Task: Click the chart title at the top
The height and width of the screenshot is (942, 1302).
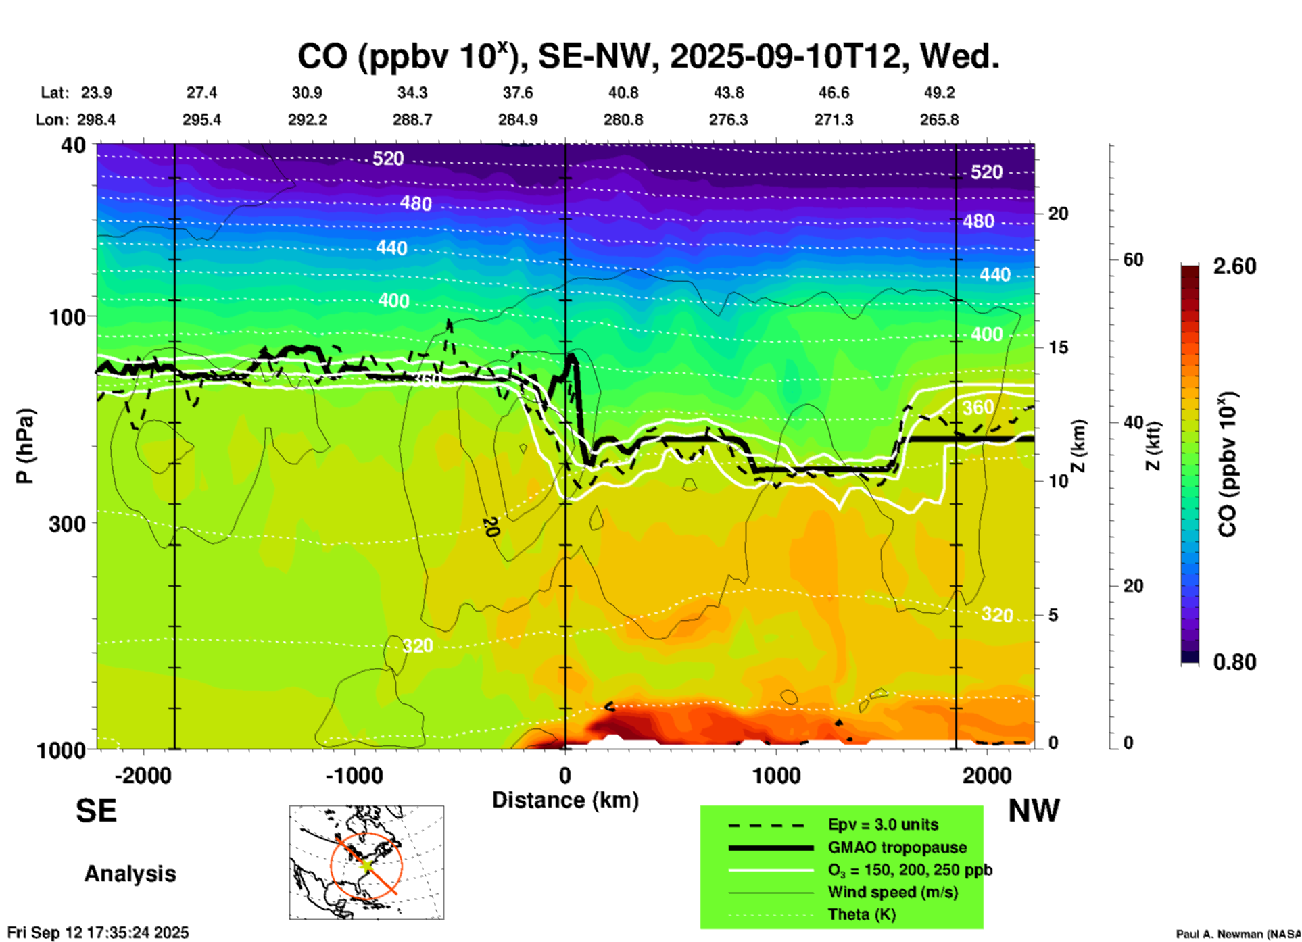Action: coord(648,57)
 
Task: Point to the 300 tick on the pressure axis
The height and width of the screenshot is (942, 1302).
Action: coord(68,524)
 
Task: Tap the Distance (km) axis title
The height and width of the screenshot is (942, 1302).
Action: coord(565,800)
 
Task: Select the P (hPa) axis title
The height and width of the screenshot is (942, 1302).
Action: coord(25,446)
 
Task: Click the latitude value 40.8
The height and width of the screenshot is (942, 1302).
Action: coord(623,93)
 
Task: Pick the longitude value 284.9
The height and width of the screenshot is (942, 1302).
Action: coord(518,120)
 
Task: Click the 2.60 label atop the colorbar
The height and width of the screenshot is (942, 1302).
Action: coord(1234,266)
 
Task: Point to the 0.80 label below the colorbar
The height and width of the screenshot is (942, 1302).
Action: coord(1234,662)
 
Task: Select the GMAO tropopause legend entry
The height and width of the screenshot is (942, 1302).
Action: coord(896,847)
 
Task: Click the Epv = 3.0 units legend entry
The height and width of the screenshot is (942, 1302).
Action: coord(882,824)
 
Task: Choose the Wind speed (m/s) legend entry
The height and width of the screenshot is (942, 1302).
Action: coord(892,892)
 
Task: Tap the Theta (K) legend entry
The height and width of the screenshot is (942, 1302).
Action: coord(861,914)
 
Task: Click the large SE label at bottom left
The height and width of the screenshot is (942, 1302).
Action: coord(96,811)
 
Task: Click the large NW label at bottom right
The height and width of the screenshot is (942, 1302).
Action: coord(1034,811)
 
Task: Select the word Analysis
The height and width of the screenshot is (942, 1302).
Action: coord(130,874)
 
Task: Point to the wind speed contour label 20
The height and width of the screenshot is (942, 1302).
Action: coord(491,526)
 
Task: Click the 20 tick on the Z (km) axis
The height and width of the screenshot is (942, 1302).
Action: coord(1057,214)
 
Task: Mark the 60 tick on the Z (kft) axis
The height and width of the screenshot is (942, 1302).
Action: coord(1133,259)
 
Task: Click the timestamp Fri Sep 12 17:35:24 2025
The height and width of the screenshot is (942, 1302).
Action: coord(99,933)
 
